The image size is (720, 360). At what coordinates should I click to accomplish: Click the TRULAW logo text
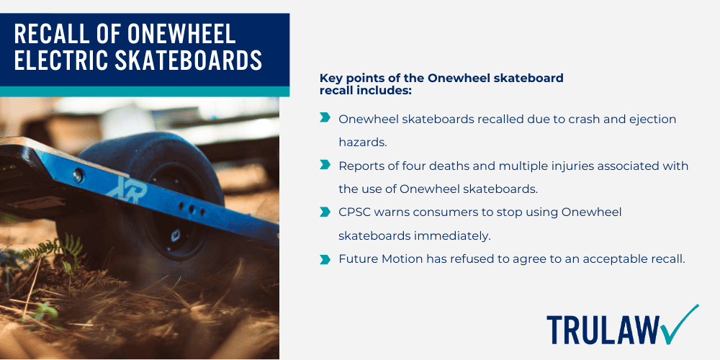pyautogui.click(x=603, y=330)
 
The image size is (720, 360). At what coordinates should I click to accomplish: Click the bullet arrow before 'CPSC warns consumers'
pyautogui.click(x=325, y=212)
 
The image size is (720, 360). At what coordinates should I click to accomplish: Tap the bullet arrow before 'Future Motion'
pyautogui.click(x=325, y=258)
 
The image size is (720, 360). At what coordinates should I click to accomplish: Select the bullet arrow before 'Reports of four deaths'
pyautogui.click(x=325, y=165)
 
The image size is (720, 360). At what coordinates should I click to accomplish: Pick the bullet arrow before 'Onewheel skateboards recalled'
pyautogui.click(x=325, y=118)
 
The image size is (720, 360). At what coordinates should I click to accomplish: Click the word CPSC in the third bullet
pyautogui.click(x=356, y=212)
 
